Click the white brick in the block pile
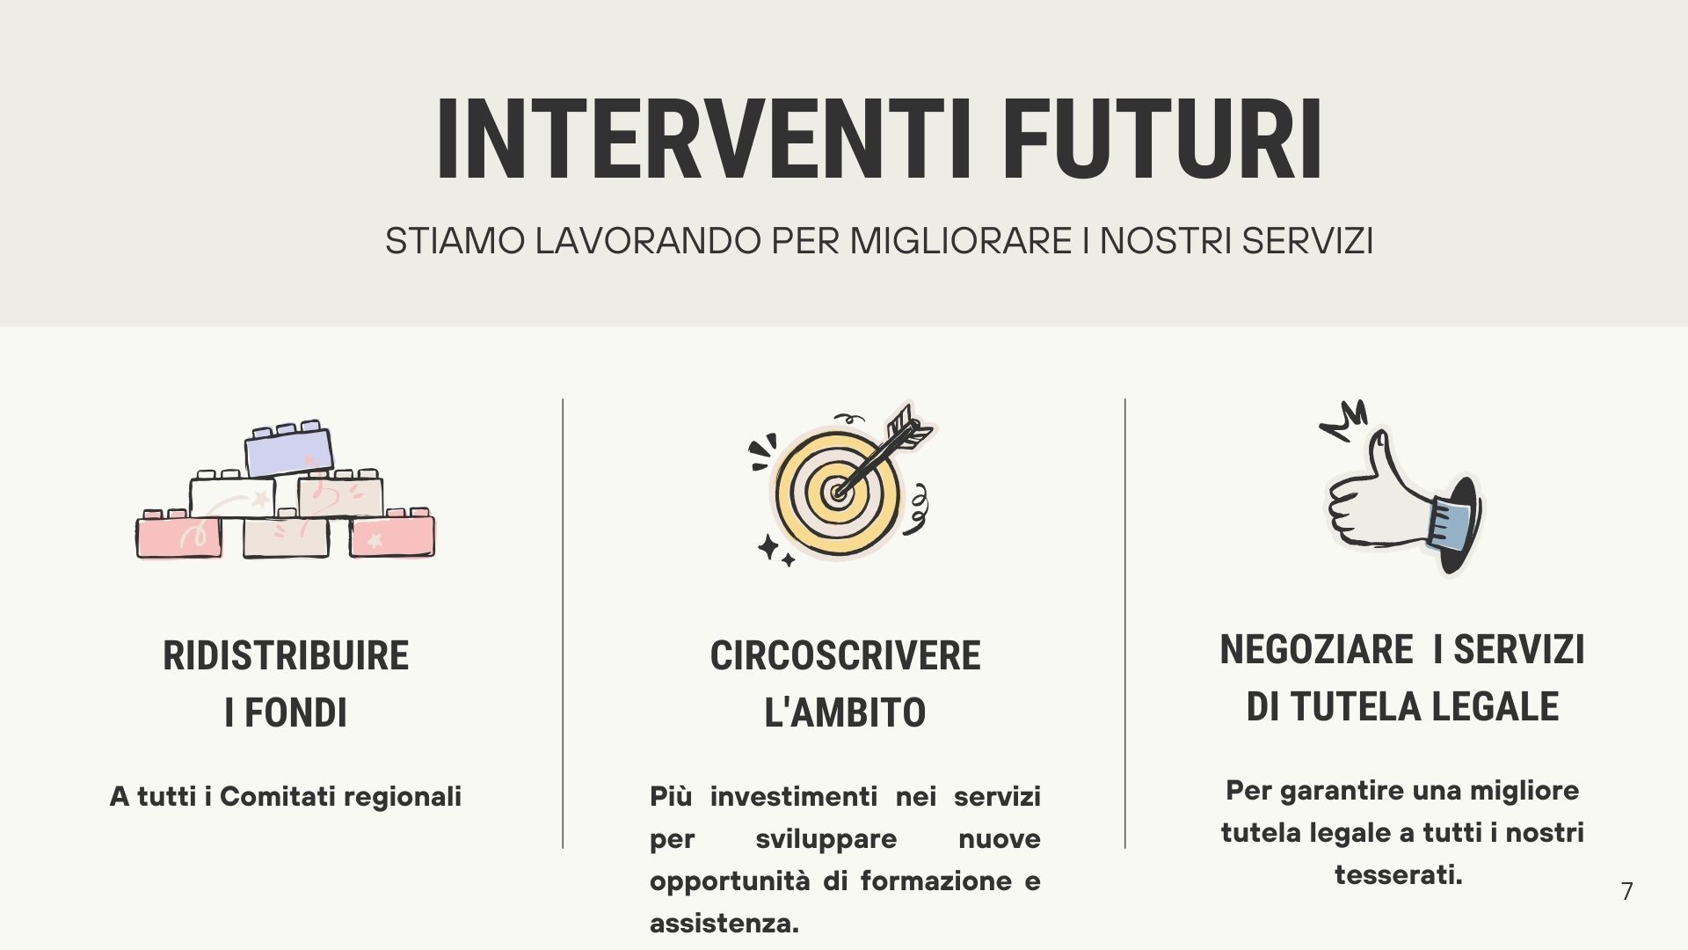[x=232, y=498]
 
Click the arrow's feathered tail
[x=909, y=428]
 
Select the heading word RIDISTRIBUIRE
[x=286, y=656]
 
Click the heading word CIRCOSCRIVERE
[x=845, y=656]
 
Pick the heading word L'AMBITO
[x=845, y=712]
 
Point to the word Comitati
[x=277, y=797]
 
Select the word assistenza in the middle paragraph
[x=724, y=924]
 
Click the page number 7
[x=1627, y=891]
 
